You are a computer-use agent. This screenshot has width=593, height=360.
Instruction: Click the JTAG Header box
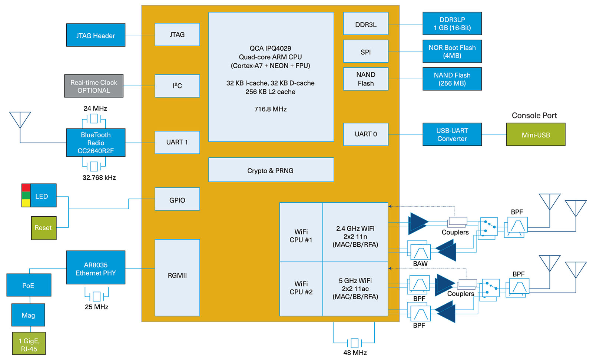tap(96, 35)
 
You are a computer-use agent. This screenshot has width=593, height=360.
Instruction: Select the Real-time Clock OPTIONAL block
tap(94, 86)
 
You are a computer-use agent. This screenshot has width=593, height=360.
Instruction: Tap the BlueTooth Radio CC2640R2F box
tap(96, 143)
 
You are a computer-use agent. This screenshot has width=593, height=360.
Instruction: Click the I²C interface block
tap(177, 86)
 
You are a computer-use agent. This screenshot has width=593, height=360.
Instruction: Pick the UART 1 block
tap(177, 142)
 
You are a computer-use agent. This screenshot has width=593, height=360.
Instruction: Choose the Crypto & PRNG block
tap(271, 170)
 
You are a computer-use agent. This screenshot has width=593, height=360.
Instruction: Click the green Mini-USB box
tap(536, 135)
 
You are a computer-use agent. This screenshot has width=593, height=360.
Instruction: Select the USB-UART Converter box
tap(452, 134)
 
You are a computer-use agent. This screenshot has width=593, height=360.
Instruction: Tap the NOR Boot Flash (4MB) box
tap(452, 51)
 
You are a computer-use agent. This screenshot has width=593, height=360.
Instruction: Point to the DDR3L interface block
tap(365, 24)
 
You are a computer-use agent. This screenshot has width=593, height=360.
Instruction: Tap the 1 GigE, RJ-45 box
tap(29, 344)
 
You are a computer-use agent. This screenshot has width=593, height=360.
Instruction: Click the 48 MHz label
tap(355, 353)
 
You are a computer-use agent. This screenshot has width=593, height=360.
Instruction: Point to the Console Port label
tap(534, 115)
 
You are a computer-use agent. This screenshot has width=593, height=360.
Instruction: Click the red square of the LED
tap(26, 188)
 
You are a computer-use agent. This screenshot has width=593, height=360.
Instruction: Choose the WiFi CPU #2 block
tap(301, 288)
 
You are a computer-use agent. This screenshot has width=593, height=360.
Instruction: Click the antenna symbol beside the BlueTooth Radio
tap(20, 120)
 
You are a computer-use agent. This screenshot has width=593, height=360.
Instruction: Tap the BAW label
tap(420, 264)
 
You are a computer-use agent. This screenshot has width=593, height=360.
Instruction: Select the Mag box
tap(28, 315)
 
